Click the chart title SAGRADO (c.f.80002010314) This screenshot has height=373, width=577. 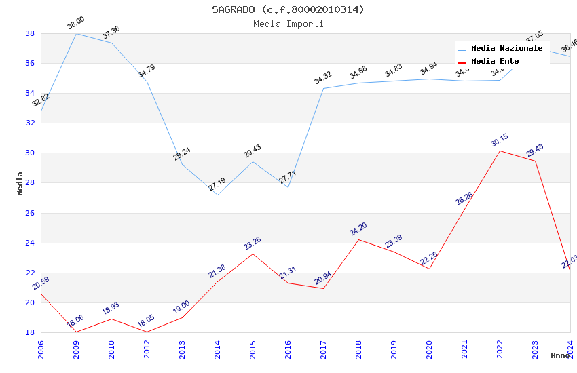pyautogui.click(x=288, y=9)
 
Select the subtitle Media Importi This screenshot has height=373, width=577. pyautogui.click(x=288, y=24)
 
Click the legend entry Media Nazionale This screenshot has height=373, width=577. pyautogui.click(x=506, y=48)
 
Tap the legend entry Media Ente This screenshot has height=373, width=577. pyautogui.click(x=495, y=61)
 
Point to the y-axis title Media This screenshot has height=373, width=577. pyautogui.click(x=20, y=183)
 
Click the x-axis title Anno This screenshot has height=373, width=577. pyautogui.click(x=560, y=355)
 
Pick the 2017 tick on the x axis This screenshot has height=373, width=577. pyautogui.click(x=323, y=349)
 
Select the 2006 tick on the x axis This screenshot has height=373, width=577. pyautogui.click(x=41, y=349)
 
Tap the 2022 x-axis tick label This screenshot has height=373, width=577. pyautogui.click(x=500, y=349)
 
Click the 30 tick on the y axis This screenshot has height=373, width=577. pyautogui.click(x=30, y=153)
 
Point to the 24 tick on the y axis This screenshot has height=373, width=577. pyautogui.click(x=30, y=243)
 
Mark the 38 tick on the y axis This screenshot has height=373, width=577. pyautogui.click(x=30, y=33)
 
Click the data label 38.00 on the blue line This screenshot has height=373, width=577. pyautogui.click(x=75, y=24)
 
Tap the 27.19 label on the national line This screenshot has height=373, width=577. pyautogui.click(x=217, y=184)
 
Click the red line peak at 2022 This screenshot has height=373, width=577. pyautogui.click(x=500, y=151)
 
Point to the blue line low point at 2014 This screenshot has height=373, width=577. pyautogui.click(x=217, y=195)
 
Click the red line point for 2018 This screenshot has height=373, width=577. pyautogui.click(x=358, y=239)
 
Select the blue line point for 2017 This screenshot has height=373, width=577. pyautogui.click(x=323, y=88)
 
